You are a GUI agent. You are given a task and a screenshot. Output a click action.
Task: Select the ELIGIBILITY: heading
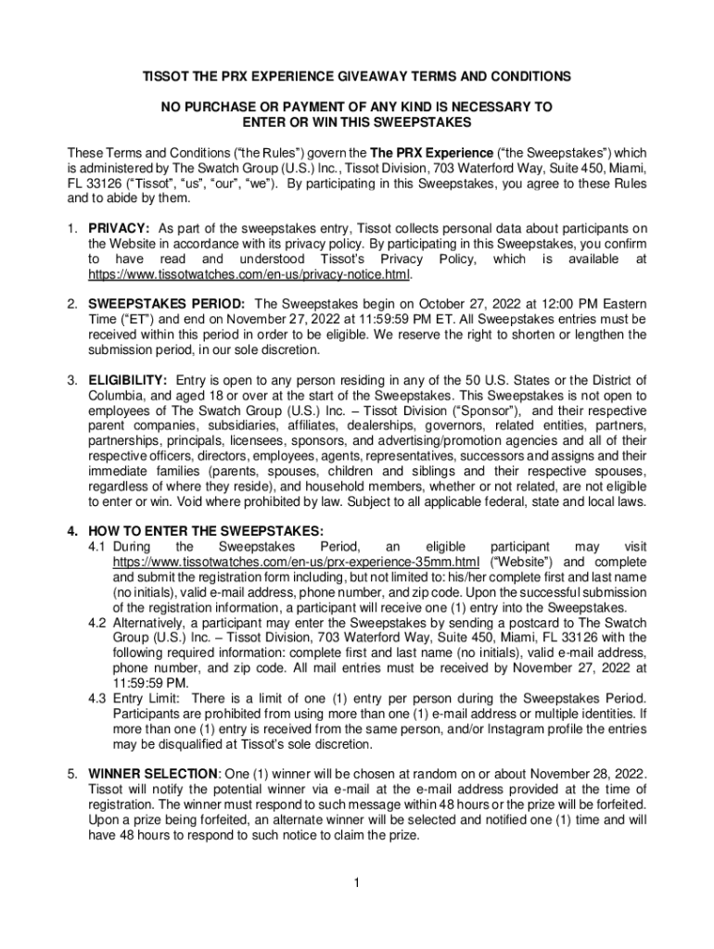tap(128, 380)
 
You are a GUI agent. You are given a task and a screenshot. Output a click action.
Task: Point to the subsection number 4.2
tap(97, 622)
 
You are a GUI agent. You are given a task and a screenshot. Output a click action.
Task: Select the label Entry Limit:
tap(147, 697)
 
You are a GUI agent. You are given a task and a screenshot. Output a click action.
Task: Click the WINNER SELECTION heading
tap(153, 773)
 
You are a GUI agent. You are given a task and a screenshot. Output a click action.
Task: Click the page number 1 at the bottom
tap(356, 880)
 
